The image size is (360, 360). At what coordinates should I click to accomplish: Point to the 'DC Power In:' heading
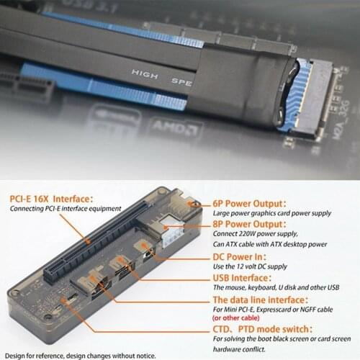[x=240, y=256]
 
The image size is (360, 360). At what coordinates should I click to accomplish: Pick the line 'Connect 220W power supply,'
[x=258, y=235]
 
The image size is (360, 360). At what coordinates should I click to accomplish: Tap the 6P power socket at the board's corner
[x=192, y=205]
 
